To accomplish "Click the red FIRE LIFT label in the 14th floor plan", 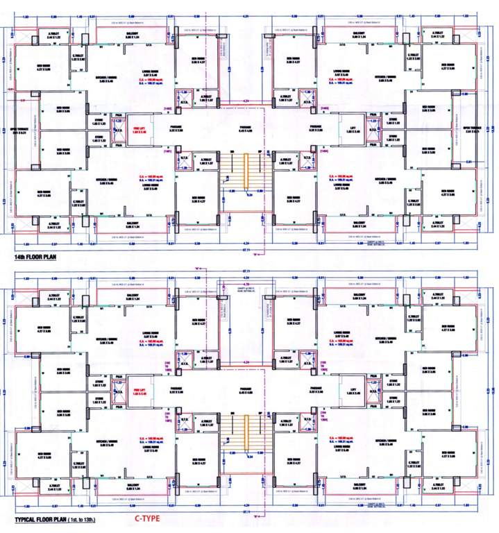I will pyautogui.click(x=137, y=128).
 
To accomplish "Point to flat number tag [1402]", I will pyautogui.click(x=167, y=109).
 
